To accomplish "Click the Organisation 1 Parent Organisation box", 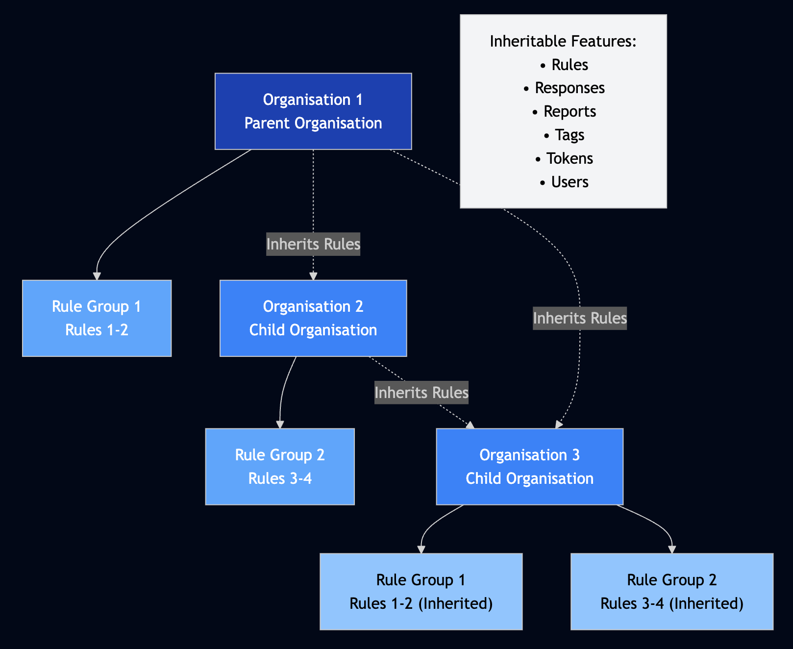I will coord(313,111).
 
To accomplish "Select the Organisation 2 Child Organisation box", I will coord(313,318).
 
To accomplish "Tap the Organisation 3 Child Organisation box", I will coord(529,467).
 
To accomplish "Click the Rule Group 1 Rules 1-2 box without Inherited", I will coord(97,318).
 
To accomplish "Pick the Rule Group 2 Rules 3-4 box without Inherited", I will coord(280,467).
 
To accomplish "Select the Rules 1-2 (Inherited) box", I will coord(421,592).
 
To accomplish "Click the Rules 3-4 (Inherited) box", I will coord(672,592).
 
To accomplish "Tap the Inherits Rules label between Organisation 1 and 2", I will coord(313,244).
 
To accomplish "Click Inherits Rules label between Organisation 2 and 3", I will coord(421,393).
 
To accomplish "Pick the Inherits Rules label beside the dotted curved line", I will coord(580,318).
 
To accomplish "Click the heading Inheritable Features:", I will coord(563,41).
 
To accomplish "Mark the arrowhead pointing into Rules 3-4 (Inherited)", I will coord(672,550).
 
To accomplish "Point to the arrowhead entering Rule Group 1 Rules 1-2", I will coord(97,276).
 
